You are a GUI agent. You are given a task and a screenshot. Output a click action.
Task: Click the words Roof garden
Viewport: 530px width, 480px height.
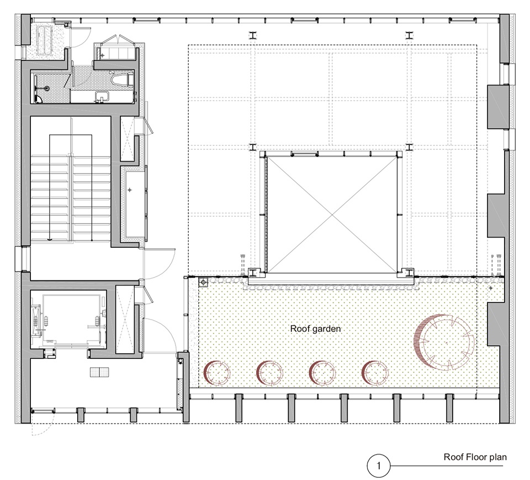315,328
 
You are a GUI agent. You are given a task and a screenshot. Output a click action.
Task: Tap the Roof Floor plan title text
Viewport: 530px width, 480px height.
475,457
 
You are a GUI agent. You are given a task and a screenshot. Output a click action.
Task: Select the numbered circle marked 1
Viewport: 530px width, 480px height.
379,466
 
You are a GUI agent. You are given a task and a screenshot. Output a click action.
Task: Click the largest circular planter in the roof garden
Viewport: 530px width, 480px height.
444,342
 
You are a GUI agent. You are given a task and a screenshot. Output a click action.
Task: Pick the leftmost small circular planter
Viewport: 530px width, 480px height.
216,373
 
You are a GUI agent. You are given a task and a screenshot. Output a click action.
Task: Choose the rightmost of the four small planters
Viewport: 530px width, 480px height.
375,373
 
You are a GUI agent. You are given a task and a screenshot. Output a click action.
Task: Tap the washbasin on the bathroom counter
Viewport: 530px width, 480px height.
102,96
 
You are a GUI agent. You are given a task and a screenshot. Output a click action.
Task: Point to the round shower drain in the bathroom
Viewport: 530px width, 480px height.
47,88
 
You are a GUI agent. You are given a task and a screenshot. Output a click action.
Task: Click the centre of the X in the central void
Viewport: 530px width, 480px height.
332,215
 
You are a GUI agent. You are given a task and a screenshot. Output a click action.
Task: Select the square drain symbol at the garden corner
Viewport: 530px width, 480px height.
203,282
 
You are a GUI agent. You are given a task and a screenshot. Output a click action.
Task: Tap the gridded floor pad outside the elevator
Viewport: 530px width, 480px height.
99,372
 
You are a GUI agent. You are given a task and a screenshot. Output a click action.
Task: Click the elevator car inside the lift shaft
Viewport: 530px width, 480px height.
71,320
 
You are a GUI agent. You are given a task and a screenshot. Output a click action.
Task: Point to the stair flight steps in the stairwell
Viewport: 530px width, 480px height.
71,197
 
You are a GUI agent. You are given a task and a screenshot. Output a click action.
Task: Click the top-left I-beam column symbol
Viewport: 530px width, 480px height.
253,35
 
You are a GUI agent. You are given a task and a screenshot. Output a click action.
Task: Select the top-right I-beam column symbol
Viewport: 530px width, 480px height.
409,35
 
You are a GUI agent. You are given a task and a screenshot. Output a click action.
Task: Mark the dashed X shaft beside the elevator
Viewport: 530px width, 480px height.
125,320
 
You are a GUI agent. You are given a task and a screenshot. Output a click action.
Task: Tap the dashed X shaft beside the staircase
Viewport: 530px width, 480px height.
127,139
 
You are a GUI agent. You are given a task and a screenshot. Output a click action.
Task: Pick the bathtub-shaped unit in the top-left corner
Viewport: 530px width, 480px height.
44,41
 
